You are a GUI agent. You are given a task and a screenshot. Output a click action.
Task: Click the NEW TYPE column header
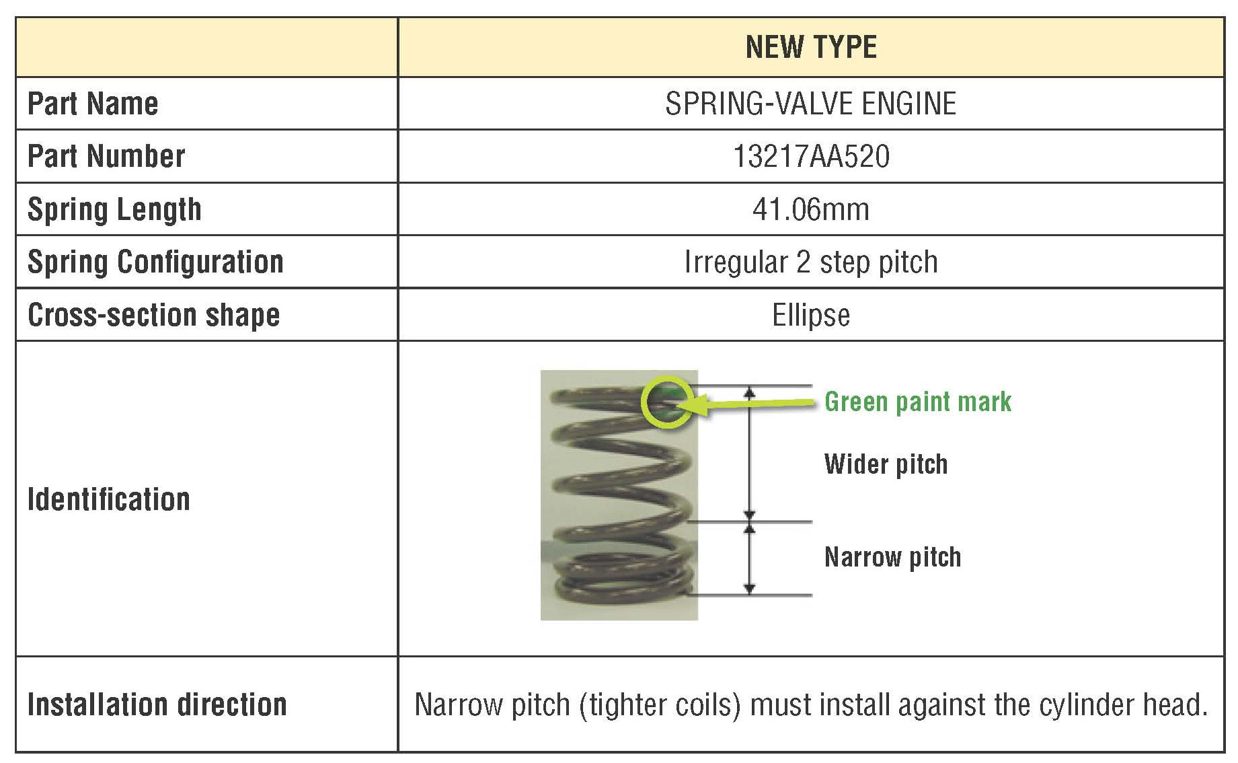click(811, 47)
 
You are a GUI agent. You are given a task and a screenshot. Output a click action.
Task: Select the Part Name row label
click(93, 104)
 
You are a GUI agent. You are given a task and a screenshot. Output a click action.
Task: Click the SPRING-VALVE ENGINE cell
click(811, 104)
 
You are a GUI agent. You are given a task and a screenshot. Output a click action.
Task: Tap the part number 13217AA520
click(811, 156)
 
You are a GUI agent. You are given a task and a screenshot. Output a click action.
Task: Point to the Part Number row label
click(106, 156)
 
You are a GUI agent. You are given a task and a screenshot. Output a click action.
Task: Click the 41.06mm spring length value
click(811, 209)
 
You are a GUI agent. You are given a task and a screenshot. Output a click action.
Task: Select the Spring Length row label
click(114, 209)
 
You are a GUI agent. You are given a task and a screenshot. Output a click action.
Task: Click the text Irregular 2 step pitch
click(811, 262)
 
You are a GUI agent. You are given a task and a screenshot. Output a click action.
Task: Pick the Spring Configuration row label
click(155, 262)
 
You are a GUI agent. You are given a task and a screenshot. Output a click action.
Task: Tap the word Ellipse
click(811, 315)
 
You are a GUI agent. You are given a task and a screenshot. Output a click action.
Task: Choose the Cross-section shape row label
click(153, 315)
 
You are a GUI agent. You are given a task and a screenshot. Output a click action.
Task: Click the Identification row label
click(109, 499)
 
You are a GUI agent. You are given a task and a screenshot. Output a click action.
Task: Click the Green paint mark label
click(918, 402)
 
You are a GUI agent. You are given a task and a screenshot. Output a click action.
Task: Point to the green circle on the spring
click(666, 402)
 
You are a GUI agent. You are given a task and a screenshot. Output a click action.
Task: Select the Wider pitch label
click(886, 464)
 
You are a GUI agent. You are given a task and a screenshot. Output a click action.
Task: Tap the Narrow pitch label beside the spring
click(892, 557)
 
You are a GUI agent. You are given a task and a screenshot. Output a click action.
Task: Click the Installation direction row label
click(157, 704)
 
